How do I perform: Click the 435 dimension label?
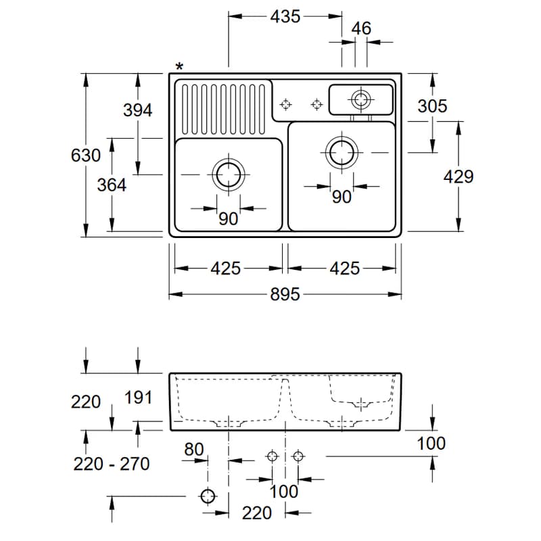(x=285, y=16)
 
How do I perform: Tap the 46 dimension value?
(x=361, y=28)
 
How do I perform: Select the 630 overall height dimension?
(x=86, y=156)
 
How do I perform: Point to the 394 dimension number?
(x=138, y=110)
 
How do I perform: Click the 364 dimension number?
(x=112, y=185)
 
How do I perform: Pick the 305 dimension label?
(x=432, y=106)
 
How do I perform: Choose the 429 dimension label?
(x=458, y=177)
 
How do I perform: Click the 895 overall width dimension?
(x=285, y=294)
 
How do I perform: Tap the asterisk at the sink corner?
(x=179, y=66)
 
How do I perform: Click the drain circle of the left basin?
(x=229, y=174)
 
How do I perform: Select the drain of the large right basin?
(x=342, y=153)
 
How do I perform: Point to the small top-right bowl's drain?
(x=361, y=99)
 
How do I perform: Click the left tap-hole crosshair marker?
(x=285, y=104)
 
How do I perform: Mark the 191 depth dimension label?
(x=138, y=398)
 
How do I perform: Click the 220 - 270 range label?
(x=112, y=464)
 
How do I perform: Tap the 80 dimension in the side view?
(x=194, y=449)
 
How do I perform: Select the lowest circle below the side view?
(x=208, y=496)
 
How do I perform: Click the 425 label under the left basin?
(x=226, y=268)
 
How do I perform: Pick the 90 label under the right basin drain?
(x=342, y=197)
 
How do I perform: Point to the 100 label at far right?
(x=431, y=444)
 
